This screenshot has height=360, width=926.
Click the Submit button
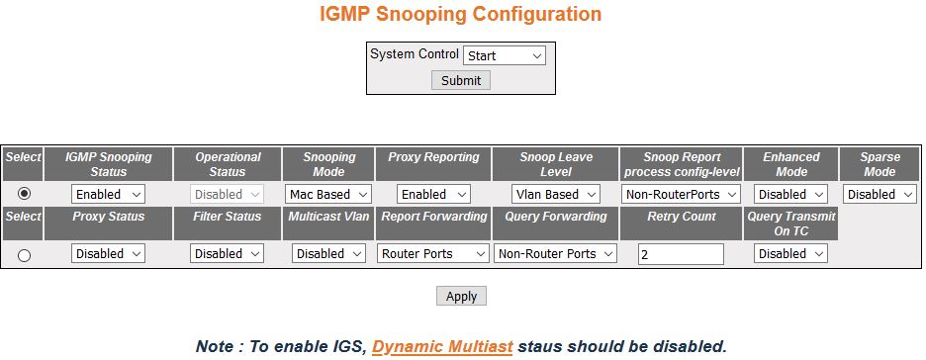[461, 80]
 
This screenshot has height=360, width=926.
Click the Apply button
[461, 296]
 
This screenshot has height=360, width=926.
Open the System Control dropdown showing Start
[505, 55]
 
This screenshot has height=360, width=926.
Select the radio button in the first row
[24, 194]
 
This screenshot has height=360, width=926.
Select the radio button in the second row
[24, 255]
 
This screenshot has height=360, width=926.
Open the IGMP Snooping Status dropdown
[109, 195]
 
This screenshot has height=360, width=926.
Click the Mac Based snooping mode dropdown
[328, 195]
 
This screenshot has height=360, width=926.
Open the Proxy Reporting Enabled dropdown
[433, 195]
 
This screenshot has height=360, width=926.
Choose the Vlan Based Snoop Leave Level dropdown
[556, 195]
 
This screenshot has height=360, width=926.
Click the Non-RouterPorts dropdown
[682, 195]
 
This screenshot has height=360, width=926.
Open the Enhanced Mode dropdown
[790, 195]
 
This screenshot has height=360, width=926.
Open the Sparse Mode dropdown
[880, 195]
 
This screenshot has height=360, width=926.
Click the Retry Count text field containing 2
[681, 254]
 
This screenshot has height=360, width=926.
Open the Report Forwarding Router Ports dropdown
[433, 254]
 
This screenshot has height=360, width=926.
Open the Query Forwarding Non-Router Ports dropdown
[556, 254]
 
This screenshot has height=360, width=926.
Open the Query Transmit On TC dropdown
[790, 254]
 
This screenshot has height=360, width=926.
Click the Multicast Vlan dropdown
[328, 254]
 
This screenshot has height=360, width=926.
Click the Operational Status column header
[228, 163]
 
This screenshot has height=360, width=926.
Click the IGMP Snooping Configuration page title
[461, 15]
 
